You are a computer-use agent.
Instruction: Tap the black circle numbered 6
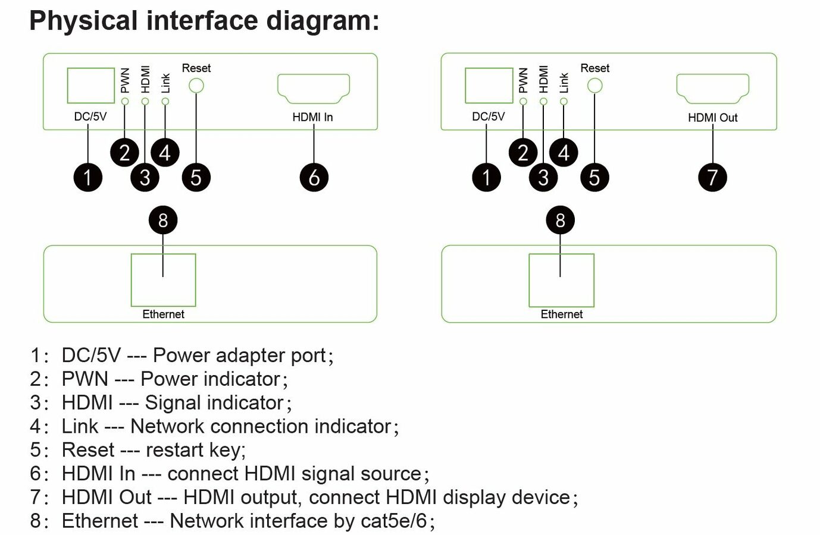[x=314, y=178]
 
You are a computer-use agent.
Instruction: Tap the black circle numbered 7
[x=712, y=178]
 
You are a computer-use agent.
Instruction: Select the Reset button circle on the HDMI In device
[x=196, y=79]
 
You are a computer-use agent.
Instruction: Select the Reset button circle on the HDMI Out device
[x=594, y=79]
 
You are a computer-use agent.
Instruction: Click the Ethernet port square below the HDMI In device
[x=132, y=280]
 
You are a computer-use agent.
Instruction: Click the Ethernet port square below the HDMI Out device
[x=530, y=280]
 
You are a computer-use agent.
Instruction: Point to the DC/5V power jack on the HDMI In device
[x=68, y=86]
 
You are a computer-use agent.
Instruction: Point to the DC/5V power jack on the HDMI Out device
[x=466, y=86]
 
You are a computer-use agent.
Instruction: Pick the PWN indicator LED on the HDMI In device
[x=125, y=101]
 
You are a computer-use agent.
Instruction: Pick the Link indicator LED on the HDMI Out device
[x=564, y=101]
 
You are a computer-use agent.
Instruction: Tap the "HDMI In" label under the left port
[x=312, y=117]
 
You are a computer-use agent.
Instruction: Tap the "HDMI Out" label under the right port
[x=713, y=118]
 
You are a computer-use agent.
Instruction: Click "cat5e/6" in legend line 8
[x=394, y=521]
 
